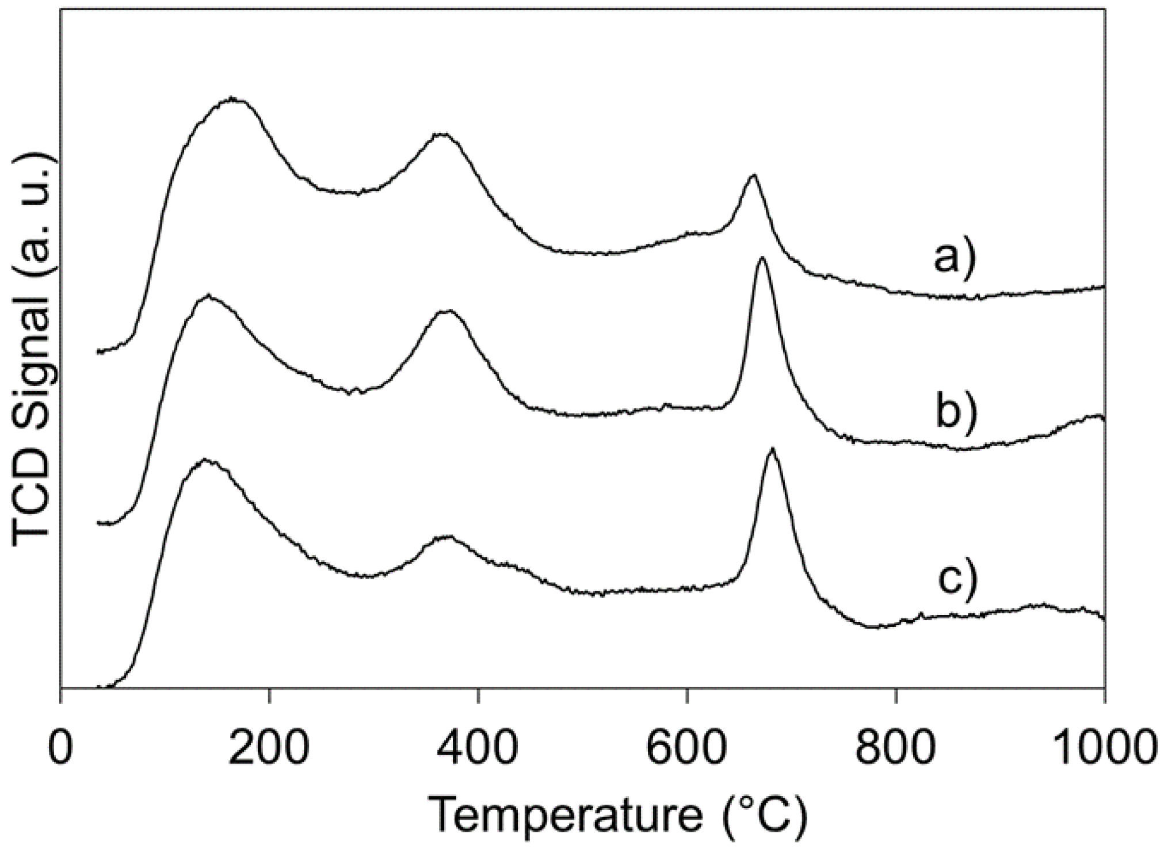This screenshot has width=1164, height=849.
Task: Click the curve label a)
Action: (x=955, y=257)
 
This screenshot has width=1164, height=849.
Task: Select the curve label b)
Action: (x=956, y=413)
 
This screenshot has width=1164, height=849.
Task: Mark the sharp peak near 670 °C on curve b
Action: (x=762, y=258)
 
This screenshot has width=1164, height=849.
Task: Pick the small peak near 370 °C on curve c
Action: (x=446, y=537)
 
